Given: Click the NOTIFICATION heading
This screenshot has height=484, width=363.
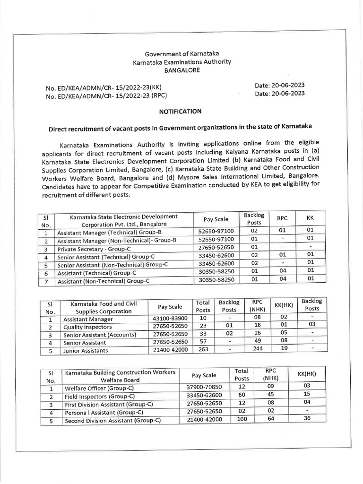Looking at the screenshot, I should coord(180,111).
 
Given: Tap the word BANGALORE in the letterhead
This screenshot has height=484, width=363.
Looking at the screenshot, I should coord(181,70).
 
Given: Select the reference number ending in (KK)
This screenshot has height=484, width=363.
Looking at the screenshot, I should coord(103,88).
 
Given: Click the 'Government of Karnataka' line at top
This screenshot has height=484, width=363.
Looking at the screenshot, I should coord(181,54).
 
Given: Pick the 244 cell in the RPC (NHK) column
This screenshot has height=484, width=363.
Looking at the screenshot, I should coord(257,350).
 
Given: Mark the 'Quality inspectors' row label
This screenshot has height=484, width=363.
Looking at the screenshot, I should coord(87,327).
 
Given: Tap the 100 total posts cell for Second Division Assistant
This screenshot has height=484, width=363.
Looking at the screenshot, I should coord(242,419).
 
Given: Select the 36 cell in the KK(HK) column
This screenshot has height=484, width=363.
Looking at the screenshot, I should coord(307,418).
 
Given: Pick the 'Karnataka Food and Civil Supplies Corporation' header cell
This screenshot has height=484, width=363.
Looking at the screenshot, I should coord(104,307).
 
